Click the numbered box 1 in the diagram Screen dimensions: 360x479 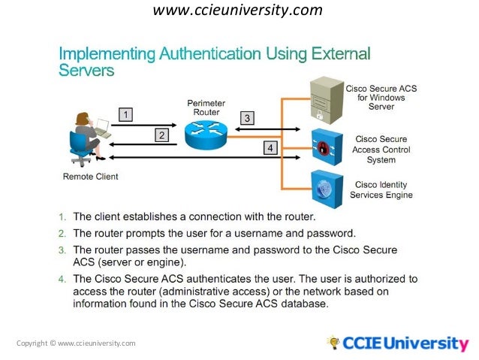click(x=127, y=115)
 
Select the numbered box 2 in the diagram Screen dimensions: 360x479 click(x=161, y=135)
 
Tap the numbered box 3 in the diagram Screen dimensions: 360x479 click(x=247, y=118)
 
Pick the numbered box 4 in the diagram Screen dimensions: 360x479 click(x=268, y=148)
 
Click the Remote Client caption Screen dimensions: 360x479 click(x=90, y=177)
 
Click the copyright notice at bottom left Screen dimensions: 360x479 click(x=76, y=343)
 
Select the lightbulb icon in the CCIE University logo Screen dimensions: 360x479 click(x=333, y=343)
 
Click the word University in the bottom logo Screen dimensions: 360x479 click(x=426, y=344)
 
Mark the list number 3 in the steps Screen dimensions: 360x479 click(x=64, y=249)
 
